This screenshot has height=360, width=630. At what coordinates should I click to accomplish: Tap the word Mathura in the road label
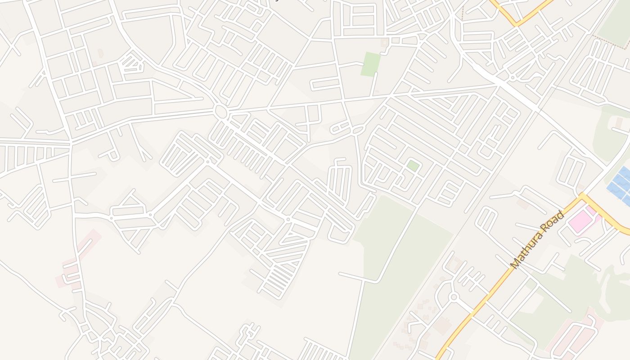coord(531,247)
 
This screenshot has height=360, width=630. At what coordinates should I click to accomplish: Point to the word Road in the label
coord(554,220)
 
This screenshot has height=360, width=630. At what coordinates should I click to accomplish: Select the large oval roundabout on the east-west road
coord(220,111)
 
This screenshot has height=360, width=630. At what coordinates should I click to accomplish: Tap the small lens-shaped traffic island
coord(358,130)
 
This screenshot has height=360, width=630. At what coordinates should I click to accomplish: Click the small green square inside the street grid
coord(413,166)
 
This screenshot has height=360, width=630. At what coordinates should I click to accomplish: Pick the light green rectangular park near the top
coord(371,64)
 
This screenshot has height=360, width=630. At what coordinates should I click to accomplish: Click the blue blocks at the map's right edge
coord(621,184)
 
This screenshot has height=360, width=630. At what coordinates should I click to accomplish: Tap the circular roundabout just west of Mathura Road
coord(453,297)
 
